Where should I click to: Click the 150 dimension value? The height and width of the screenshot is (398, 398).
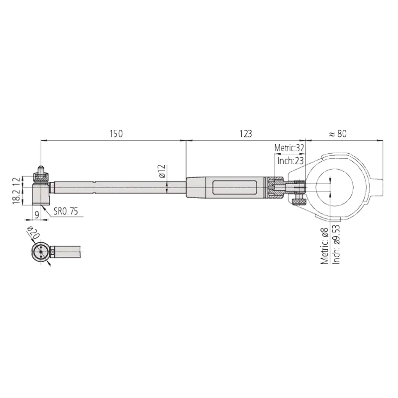tap(116, 133)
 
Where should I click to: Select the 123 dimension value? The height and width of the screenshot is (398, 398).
tap(246, 133)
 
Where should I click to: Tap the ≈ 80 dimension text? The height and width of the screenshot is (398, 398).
tap(338, 133)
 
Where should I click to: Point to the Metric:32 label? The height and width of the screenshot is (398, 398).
tap(289, 148)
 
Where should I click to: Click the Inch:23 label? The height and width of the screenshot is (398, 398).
tap(291, 161)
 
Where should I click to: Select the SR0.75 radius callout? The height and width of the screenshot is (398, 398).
tap(66, 211)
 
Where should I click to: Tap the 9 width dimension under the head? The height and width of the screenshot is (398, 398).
tap(37, 215)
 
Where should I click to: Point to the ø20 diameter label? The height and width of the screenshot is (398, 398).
tap(33, 233)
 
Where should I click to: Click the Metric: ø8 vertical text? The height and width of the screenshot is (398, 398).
tap(324, 246)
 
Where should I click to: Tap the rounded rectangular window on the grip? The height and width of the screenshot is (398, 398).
tap(234, 188)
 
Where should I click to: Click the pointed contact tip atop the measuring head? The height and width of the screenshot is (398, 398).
tap(40, 169)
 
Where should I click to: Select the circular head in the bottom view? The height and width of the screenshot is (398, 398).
tap(40, 252)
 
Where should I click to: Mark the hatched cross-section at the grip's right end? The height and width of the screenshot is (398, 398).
tap(276, 188)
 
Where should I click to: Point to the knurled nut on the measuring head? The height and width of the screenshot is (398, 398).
tap(41, 178)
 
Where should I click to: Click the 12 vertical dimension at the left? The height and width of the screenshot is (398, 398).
tap(16, 182)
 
